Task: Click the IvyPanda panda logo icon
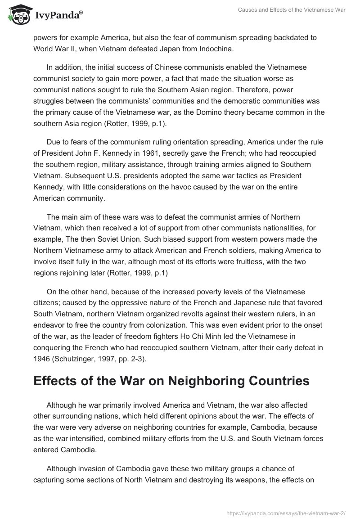[x=18, y=15]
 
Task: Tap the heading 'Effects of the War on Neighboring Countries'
[x=171, y=380]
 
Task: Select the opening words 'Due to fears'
[x=67, y=143]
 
